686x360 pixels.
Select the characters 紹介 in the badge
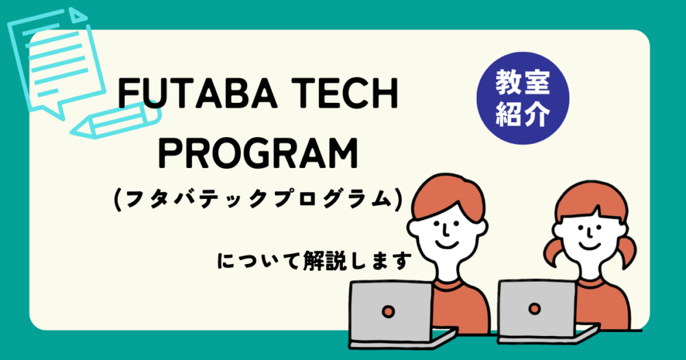coord(523,115)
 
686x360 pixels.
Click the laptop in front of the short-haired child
coord(391,309)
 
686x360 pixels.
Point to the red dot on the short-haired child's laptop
coord(389,311)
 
